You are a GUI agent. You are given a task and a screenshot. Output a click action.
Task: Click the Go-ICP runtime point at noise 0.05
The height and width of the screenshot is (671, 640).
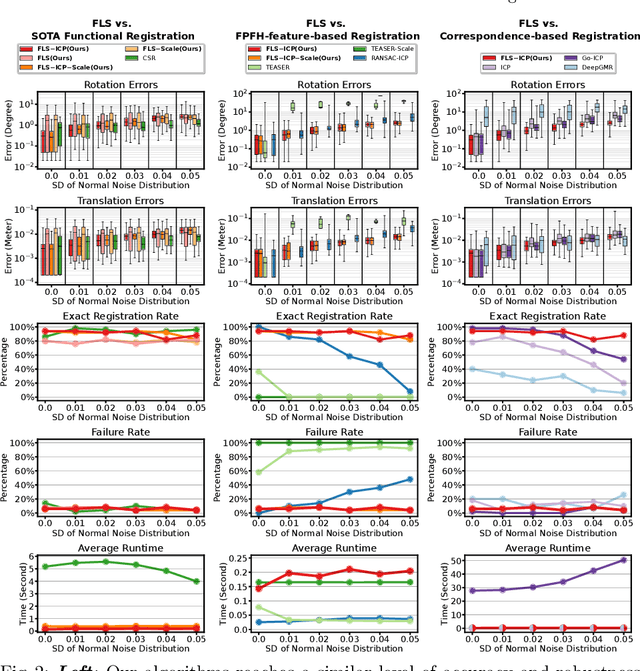623,560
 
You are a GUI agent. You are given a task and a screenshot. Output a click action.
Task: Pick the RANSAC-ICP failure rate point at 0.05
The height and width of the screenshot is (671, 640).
408,479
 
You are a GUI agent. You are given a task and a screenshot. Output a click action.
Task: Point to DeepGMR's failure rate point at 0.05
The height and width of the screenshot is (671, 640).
623,494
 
